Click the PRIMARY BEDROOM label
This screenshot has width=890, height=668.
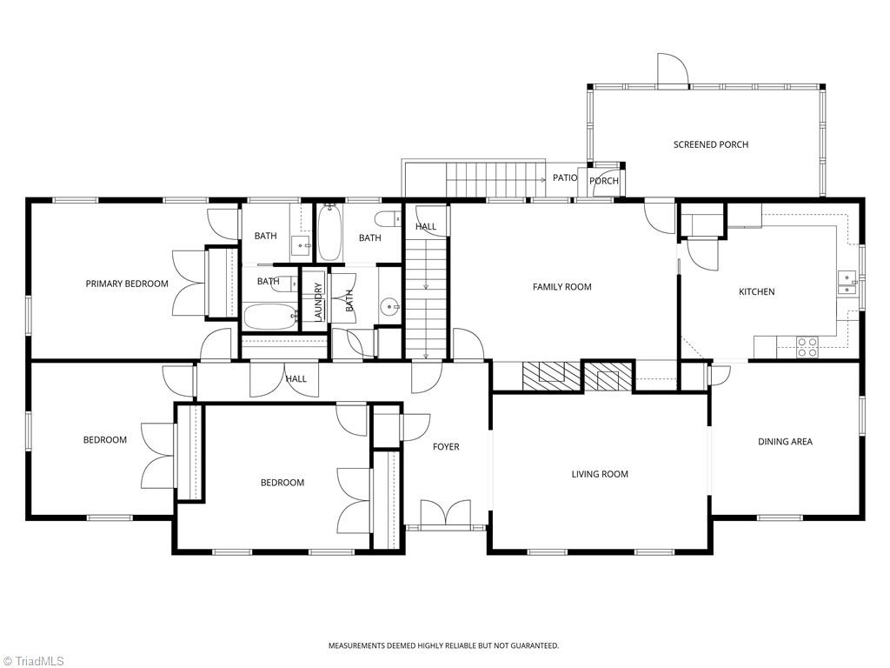[127, 284]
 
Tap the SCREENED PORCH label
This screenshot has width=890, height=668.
[711, 144]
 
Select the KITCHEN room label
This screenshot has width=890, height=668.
[757, 291]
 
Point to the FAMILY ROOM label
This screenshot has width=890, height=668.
[562, 287]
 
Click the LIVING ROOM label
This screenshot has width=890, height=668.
[600, 474]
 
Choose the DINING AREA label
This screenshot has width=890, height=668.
[785, 441]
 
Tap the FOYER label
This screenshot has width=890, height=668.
[446, 447]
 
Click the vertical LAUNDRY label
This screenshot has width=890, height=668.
[318, 302]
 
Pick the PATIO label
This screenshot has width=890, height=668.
[565, 177]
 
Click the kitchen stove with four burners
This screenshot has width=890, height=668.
[807, 347]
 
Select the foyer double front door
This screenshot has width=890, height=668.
[446, 512]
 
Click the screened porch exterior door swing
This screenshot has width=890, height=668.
[674, 70]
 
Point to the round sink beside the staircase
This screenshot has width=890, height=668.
[390, 307]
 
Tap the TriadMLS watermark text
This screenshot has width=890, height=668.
[34, 661]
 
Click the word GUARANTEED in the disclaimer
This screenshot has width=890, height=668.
[535, 646]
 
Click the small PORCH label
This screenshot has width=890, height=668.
[603, 181]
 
